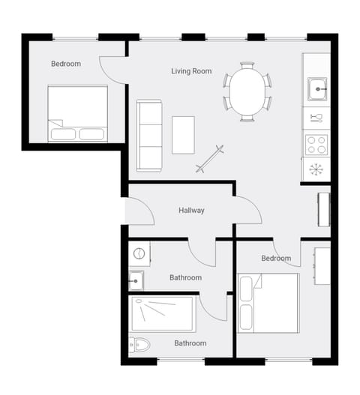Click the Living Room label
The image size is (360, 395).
pos(191,71)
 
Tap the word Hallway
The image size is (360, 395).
pos(191,211)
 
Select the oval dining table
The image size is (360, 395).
pos(247,91)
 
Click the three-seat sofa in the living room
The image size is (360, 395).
pos(149,135)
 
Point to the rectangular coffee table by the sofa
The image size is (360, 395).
pos(183,135)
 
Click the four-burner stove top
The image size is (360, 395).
pos(316,143)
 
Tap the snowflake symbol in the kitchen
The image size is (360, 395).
pos(316,169)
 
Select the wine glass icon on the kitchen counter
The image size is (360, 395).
pos(316,118)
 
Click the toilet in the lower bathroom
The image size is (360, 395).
pos(140,346)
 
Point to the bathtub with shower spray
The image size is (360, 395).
pos(163,313)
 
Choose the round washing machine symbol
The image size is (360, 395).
pos(139,254)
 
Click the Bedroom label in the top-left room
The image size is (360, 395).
pos(66,64)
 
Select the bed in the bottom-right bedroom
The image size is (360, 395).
pos(268,302)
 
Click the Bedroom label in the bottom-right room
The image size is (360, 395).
pos(276,259)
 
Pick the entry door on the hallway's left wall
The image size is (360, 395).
pos(139,211)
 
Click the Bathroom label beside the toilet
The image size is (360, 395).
pos(190,343)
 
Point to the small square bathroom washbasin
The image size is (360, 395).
pos(136,280)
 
